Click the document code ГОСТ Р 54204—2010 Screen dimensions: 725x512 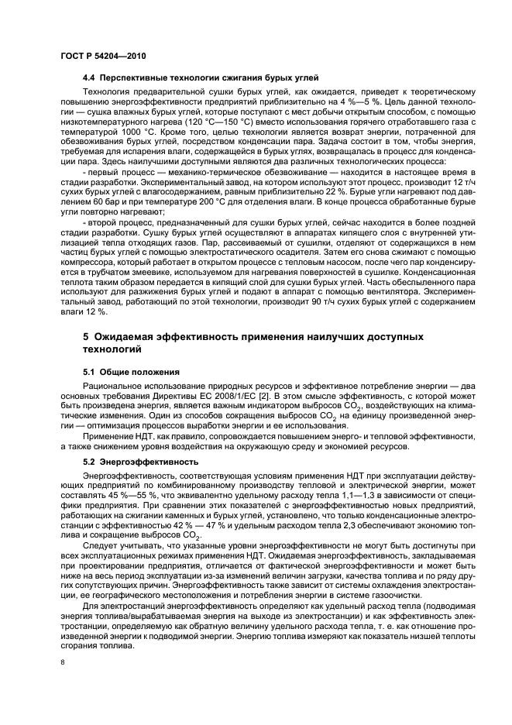(x=103, y=57)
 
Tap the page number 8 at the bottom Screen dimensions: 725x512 (x=64, y=662)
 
